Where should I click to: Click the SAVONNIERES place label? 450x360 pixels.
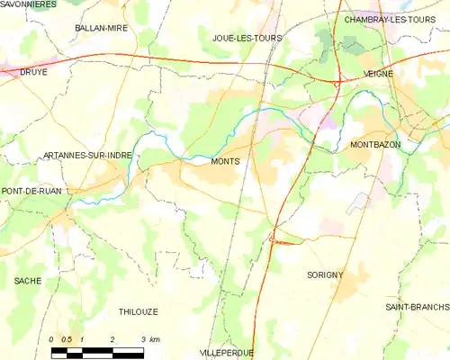pyautogui.click(x=29, y=4)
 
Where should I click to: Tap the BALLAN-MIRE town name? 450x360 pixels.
pyautogui.click(x=101, y=29)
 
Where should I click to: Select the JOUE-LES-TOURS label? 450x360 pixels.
pyautogui.click(x=247, y=39)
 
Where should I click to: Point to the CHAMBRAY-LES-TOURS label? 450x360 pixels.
pyautogui.click(x=389, y=19)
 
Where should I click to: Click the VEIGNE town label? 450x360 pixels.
pyautogui.click(x=379, y=75)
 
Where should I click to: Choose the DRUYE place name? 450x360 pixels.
pyautogui.click(x=32, y=72)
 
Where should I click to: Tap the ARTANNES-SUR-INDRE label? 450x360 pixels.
pyautogui.click(x=87, y=156)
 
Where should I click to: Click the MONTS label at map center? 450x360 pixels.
pyautogui.click(x=225, y=162)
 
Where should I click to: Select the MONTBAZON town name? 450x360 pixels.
pyautogui.click(x=375, y=145)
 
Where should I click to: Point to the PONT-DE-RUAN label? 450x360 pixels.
pyautogui.click(x=31, y=192)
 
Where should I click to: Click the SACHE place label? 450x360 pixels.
pyautogui.click(x=28, y=281)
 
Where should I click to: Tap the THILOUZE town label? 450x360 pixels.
pyautogui.click(x=138, y=311)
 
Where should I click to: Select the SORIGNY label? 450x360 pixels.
pyautogui.click(x=326, y=274)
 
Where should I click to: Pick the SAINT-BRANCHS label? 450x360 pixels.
pyautogui.click(x=418, y=308)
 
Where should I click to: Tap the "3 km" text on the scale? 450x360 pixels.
pyautogui.click(x=148, y=339)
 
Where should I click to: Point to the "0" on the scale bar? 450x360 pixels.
pyautogui.click(x=52, y=339)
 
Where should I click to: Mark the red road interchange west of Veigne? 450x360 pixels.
pyautogui.click(x=337, y=85)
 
